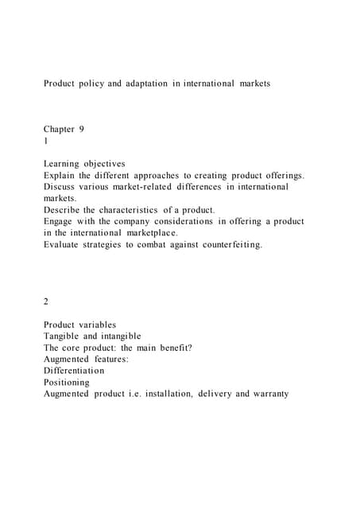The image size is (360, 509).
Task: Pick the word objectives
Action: point(114,164)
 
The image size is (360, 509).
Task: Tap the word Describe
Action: point(64,210)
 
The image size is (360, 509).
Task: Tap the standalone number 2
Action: point(47,302)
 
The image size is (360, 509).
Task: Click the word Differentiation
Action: point(74,371)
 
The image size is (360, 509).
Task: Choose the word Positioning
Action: point(67,383)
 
